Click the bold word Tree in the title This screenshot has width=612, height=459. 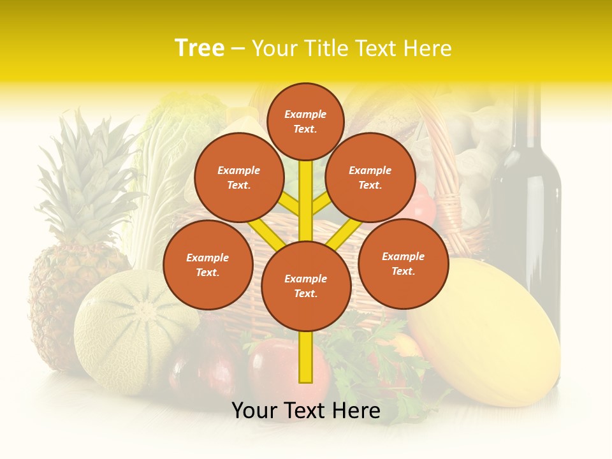[200, 48]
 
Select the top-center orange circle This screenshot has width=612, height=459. [305, 121]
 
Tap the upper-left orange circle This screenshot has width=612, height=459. [238, 177]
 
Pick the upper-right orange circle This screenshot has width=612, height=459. [370, 177]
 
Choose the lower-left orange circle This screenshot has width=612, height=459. [208, 265]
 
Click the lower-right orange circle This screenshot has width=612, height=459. [403, 263]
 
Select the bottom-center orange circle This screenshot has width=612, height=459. [305, 286]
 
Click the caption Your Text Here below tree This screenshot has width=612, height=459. [305, 411]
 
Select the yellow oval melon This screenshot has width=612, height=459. [484, 331]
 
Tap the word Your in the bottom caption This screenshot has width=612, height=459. [253, 411]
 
